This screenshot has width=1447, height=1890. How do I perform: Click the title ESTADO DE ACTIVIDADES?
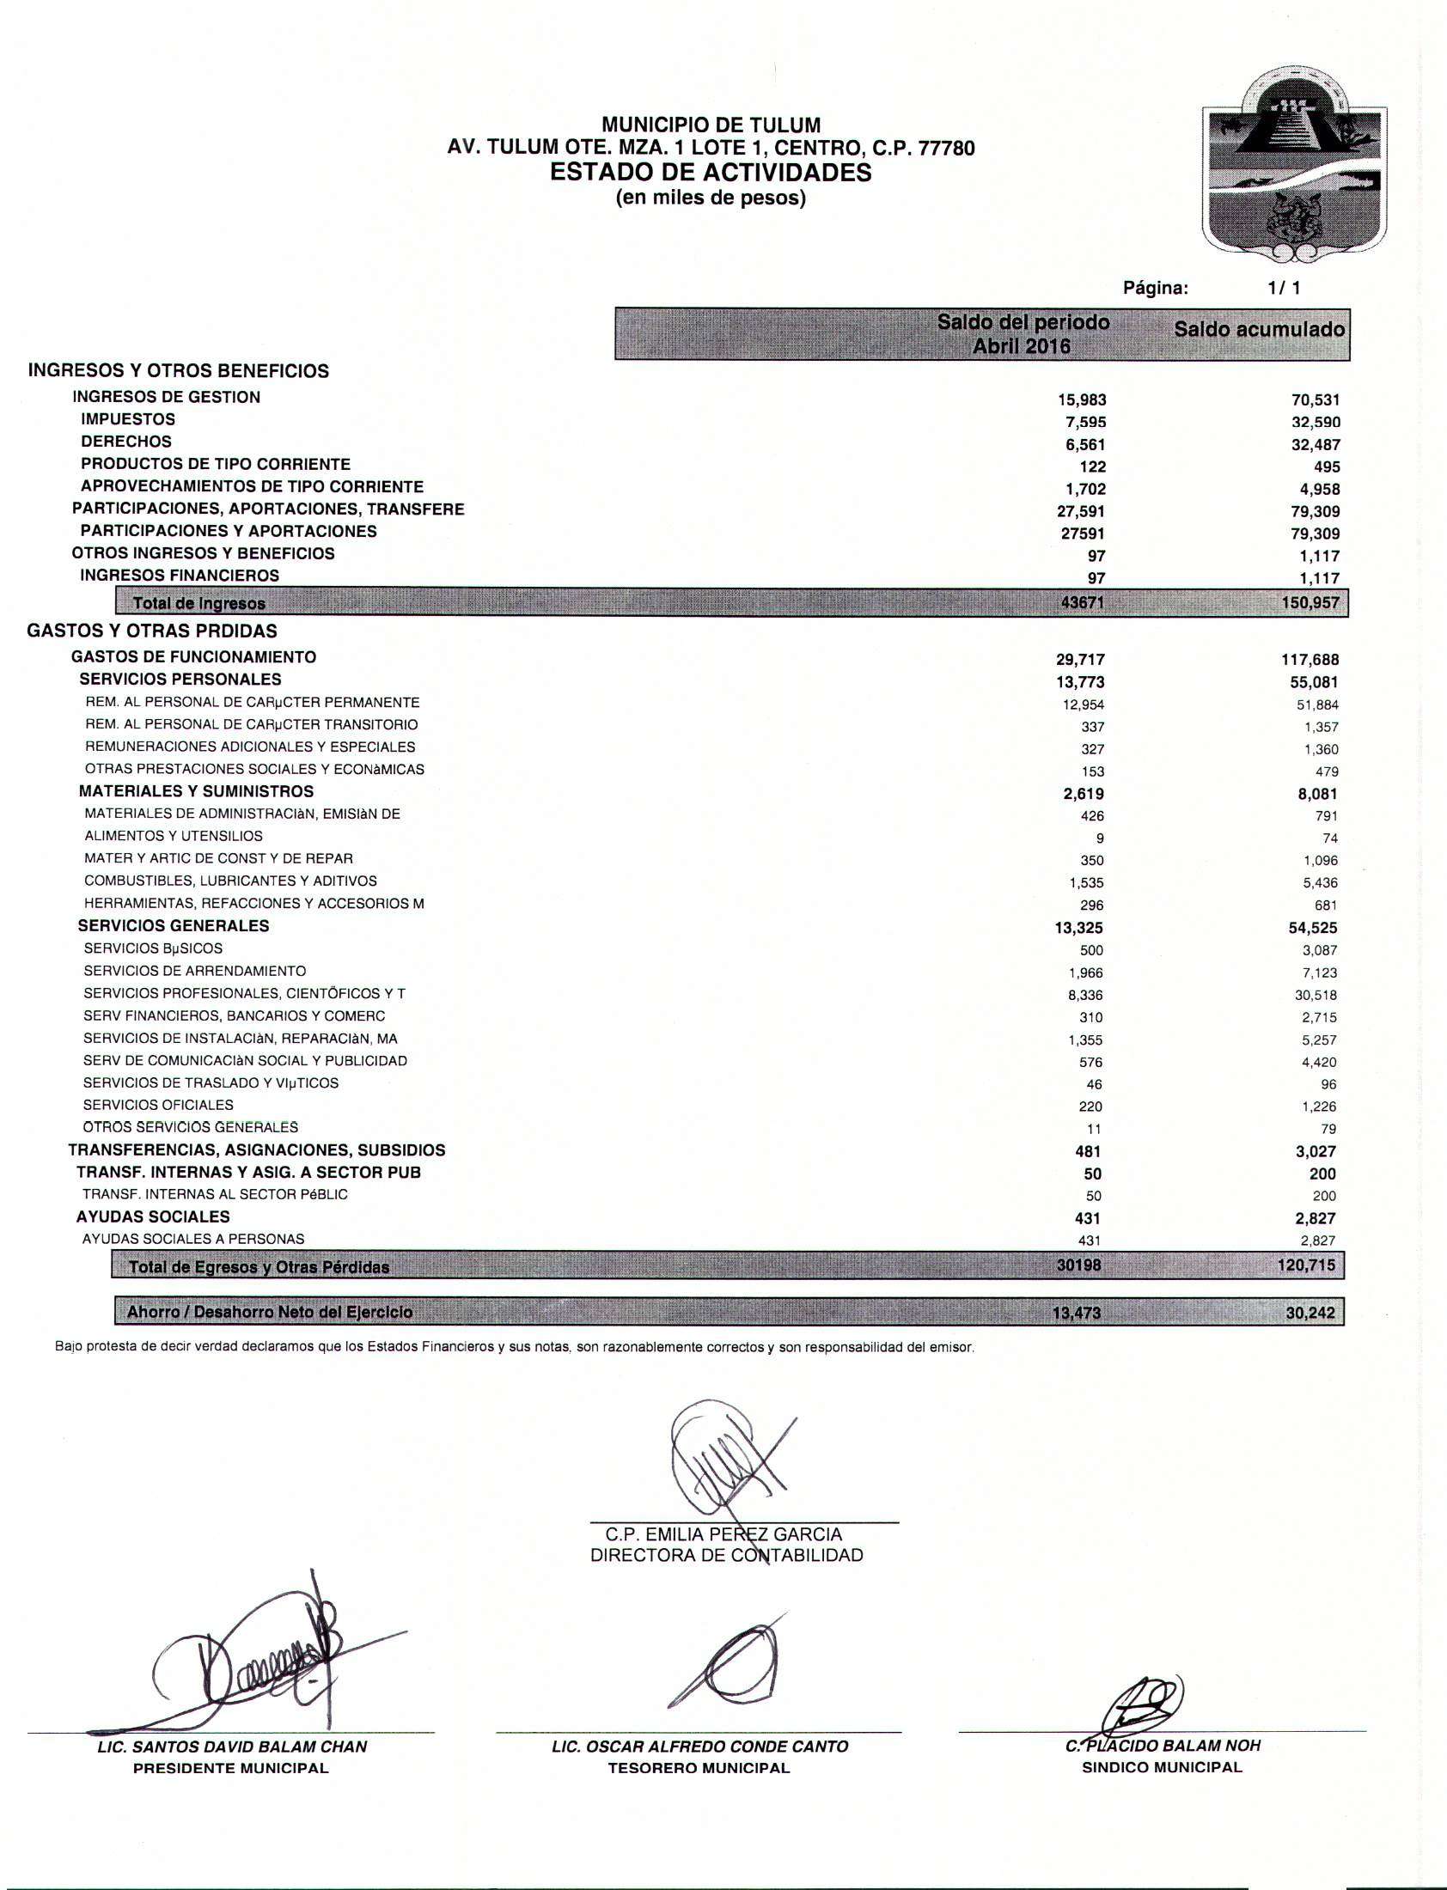coord(711,173)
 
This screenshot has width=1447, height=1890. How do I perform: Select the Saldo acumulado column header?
coord(1258,330)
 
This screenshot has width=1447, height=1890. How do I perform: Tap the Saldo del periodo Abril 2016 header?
coord(1023,334)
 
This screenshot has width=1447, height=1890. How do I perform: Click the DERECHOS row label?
coord(125,442)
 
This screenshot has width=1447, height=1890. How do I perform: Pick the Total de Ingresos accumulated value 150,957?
coord(1310,603)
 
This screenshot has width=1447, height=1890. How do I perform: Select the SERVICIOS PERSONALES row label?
coord(180,680)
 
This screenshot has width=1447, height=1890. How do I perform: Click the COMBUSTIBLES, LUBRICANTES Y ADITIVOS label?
coord(230,881)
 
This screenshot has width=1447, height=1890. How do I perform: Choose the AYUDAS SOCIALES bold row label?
coord(152,1216)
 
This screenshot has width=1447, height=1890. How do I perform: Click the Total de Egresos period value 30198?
coord(1080,1265)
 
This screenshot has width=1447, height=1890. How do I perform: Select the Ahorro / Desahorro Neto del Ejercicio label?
coord(270,1312)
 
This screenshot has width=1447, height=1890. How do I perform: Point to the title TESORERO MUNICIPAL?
coord(699,1769)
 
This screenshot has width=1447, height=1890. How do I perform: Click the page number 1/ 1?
coord(1284,289)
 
